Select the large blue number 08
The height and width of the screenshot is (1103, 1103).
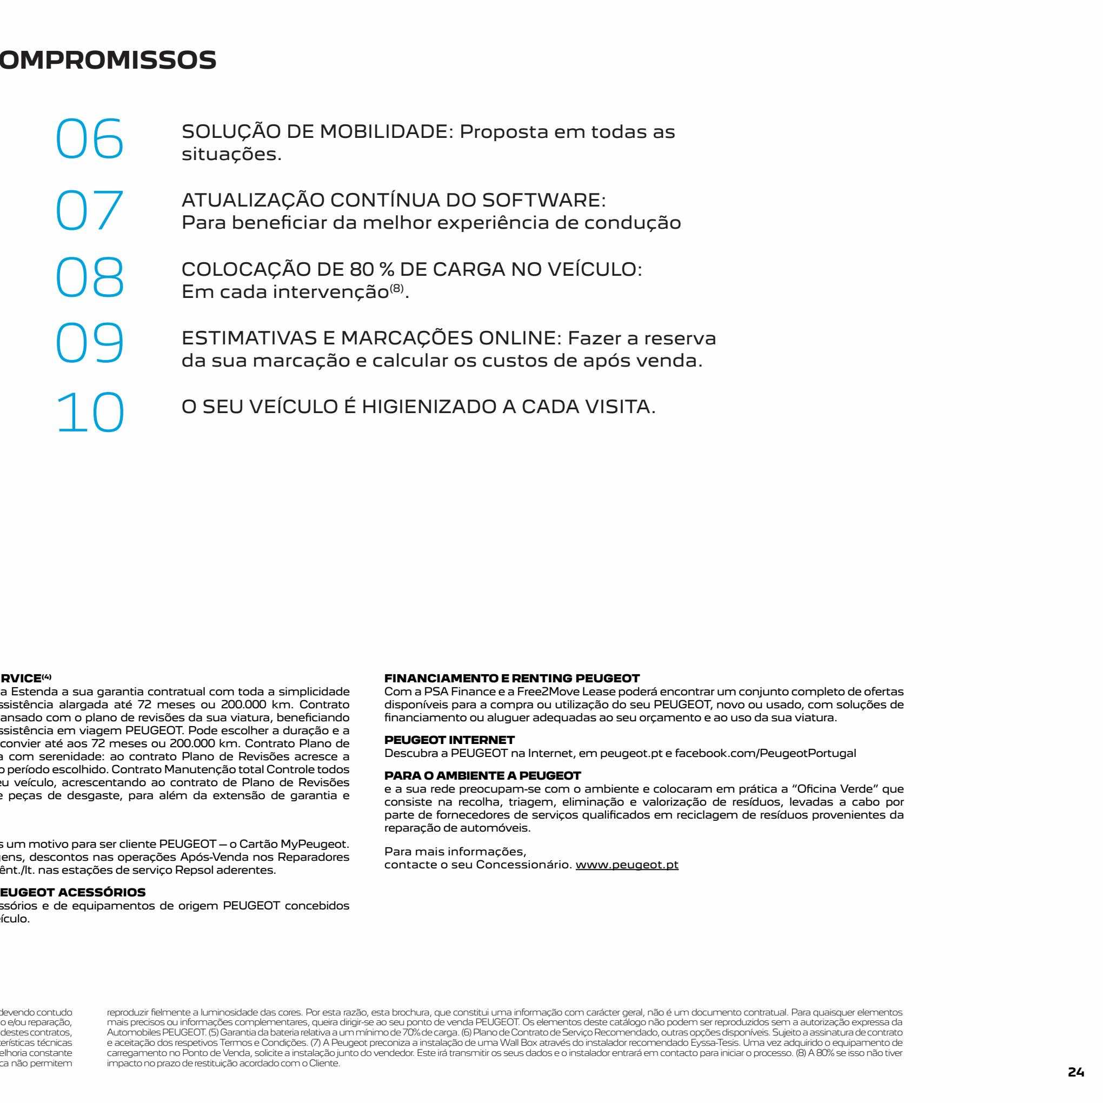(90, 278)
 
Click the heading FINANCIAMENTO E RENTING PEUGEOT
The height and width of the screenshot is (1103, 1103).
(512, 678)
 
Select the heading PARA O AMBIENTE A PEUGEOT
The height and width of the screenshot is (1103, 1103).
(482, 775)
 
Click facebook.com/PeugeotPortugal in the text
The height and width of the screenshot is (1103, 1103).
(765, 753)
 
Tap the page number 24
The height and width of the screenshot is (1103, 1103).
(1075, 1073)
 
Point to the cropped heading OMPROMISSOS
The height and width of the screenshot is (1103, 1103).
(108, 59)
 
